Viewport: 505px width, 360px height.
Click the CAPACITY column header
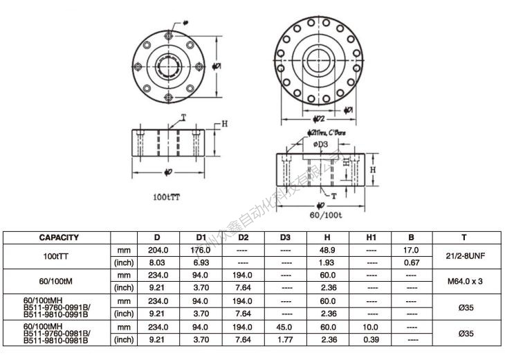58,237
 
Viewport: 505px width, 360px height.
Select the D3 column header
285,237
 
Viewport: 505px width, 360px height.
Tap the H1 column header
371,237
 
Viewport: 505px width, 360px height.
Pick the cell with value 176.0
200,250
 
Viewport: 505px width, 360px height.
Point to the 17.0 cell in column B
411,250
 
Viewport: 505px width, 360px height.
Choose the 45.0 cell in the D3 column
285,327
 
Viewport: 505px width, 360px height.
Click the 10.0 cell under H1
371,327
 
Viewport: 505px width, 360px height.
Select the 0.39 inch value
371,340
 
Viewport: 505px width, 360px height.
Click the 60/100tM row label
58,281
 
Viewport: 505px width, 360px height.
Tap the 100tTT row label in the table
58,256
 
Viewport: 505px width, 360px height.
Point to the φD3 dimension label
320,143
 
